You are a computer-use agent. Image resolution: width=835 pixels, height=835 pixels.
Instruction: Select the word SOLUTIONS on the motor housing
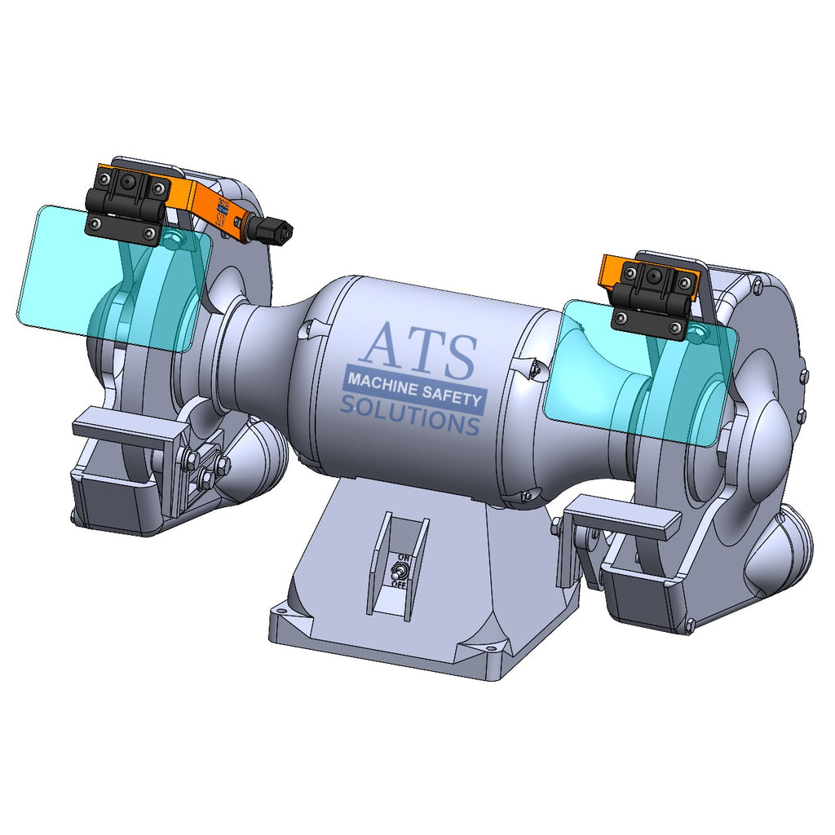[x=409, y=414]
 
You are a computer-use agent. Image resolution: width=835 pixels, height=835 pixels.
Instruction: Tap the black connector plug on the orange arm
[x=272, y=231]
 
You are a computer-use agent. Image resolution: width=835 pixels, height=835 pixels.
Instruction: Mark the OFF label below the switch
[x=399, y=584]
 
